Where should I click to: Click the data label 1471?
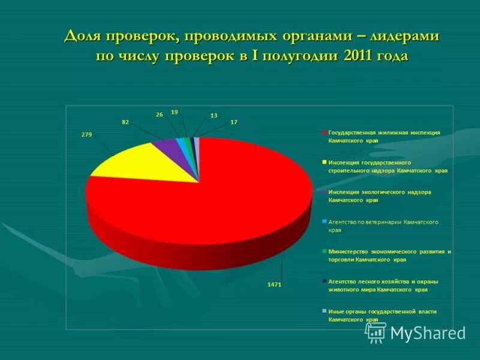click(x=274, y=284)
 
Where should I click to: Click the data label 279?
click(x=86, y=134)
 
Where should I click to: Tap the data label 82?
click(x=125, y=122)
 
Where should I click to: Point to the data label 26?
click(x=160, y=114)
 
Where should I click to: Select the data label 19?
click(x=174, y=112)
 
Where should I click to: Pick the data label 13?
click(x=214, y=115)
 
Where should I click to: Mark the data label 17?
click(x=234, y=122)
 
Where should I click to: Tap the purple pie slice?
click(x=168, y=145)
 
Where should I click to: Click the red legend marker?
click(x=325, y=133)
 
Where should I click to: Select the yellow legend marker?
click(x=325, y=162)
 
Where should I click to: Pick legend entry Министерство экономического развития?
click(x=389, y=256)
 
